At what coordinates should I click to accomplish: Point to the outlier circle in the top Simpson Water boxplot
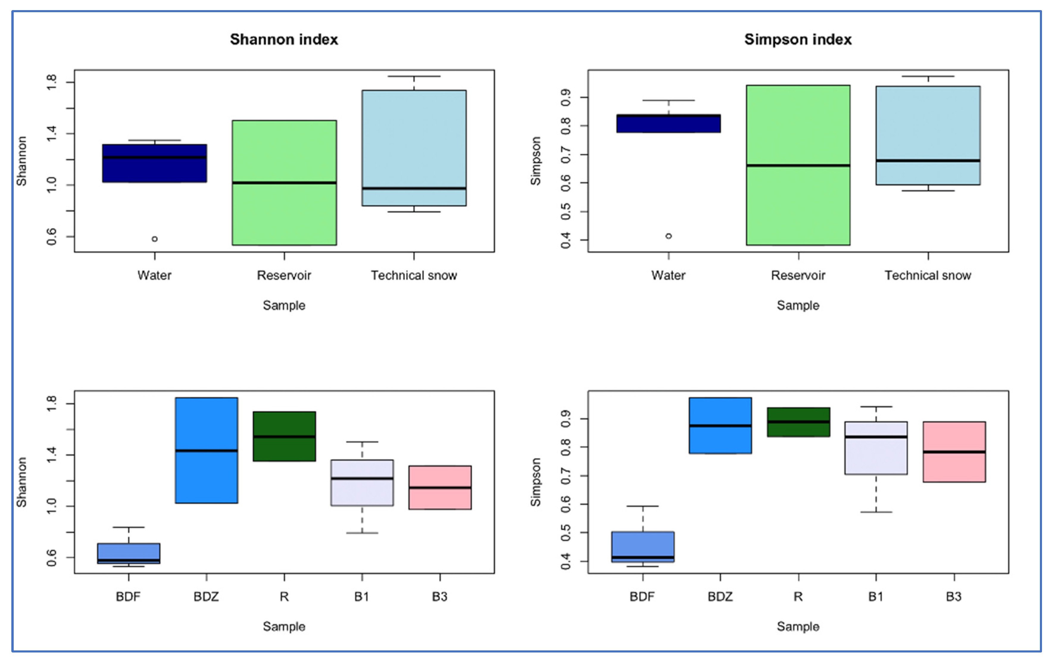coord(669,236)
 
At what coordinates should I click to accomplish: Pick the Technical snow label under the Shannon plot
coord(414,275)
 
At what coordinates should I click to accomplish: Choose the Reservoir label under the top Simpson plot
coord(798,275)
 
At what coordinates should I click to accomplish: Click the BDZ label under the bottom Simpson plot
coord(720,597)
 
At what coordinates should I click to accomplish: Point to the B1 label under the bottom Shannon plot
coord(362,597)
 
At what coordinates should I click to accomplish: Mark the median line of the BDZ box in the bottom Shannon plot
coord(206,451)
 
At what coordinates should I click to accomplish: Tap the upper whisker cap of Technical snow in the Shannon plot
coord(414,76)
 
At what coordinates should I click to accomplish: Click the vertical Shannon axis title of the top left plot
coord(21,161)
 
